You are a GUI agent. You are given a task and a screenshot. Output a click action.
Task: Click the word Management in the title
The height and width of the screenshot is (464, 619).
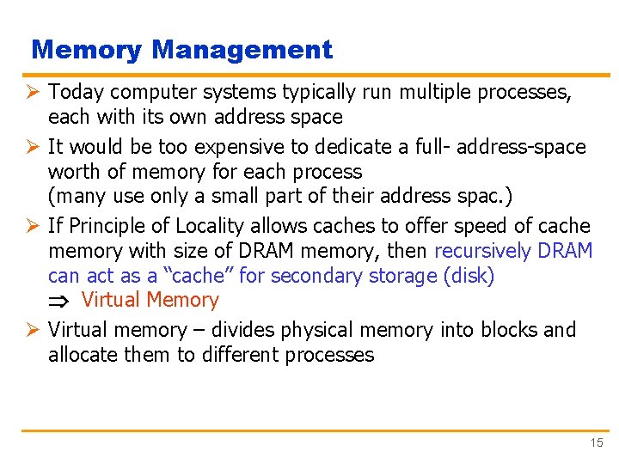242,50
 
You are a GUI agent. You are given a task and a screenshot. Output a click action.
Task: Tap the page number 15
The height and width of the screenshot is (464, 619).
597,443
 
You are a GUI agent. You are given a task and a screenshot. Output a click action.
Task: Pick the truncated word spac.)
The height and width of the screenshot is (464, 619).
475,196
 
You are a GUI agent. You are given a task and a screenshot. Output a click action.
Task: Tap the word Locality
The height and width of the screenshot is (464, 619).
211,226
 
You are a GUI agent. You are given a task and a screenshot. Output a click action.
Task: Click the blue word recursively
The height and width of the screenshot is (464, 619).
482,251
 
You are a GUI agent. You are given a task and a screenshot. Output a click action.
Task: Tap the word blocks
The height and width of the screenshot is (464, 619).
508,330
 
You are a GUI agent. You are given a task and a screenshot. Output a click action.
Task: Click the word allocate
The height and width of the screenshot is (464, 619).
84,355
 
